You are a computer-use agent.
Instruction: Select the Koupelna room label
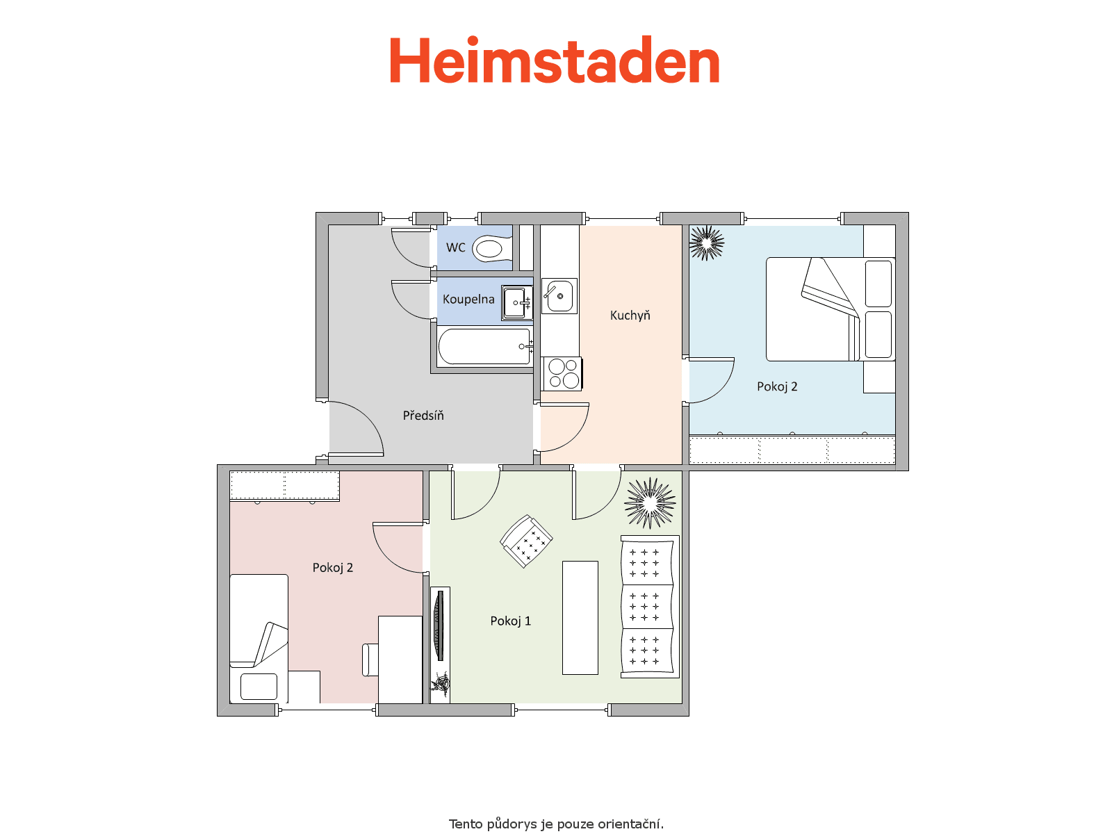click(468, 300)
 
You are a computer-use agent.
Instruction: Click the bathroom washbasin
click(517, 303)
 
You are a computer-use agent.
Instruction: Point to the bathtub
click(484, 347)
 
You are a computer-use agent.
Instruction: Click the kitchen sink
click(559, 296)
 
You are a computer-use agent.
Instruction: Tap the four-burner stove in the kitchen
click(562, 374)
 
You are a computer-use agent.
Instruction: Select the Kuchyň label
click(630, 316)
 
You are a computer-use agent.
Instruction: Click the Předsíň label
click(423, 415)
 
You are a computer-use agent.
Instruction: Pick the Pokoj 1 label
click(510, 621)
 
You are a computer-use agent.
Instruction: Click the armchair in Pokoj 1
click(526, 541)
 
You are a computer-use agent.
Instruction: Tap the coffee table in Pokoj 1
click(580, 617)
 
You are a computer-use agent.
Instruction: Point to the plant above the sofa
click(650, 502)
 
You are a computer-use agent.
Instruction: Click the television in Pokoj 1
click(440, 625)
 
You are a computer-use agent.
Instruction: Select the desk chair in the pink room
click(370, 660)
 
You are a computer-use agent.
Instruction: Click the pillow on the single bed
click(259, 686)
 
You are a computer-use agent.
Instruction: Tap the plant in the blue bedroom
click(707, 243)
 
